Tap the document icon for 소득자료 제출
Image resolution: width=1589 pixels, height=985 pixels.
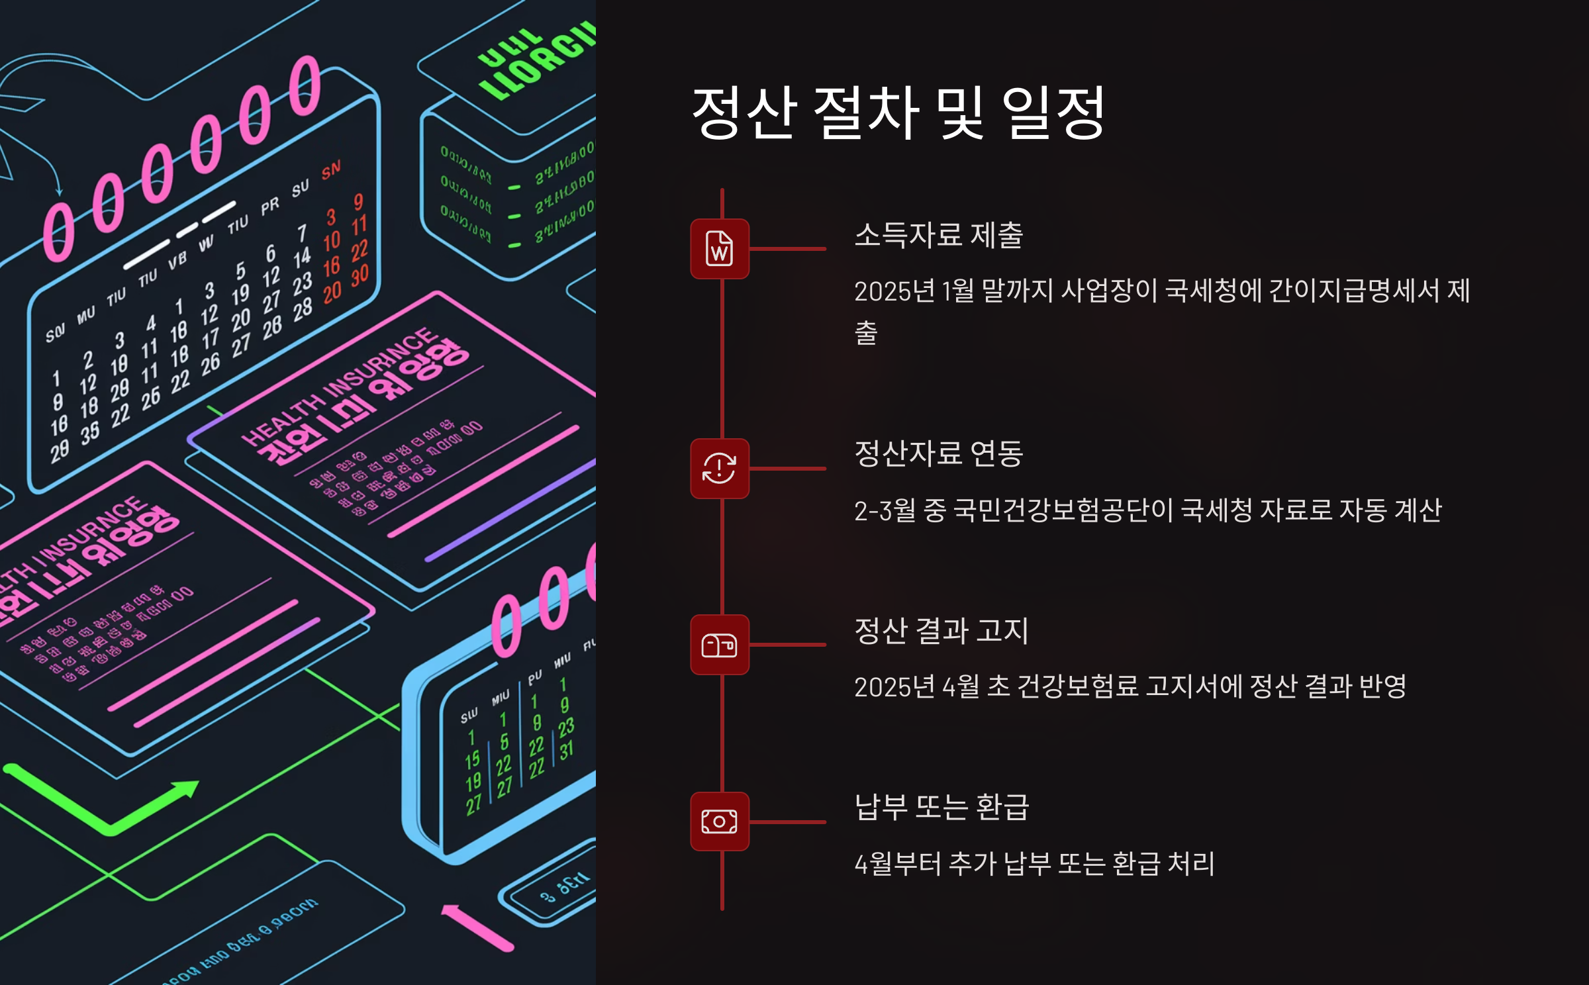(x=720, y=249)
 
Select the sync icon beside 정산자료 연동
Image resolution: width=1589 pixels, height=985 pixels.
(x=720, y=468)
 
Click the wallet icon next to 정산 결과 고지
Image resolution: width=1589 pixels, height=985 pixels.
(x=720, y=645)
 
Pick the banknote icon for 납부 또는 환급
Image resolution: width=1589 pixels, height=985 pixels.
(x=720, y=821)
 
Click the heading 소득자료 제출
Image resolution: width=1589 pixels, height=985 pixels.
(x=939, y=235)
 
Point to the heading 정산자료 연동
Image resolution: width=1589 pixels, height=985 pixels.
(x=939, y=453)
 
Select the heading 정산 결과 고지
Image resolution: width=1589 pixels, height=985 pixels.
(x=941, y=630)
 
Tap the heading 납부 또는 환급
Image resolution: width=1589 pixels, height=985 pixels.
(x=941, y=807)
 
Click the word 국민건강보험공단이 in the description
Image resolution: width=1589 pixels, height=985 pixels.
(x=1064, y=510)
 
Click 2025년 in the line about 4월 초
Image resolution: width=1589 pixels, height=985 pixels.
(x=894, y=687)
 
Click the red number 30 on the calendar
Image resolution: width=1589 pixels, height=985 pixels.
(x=360, y=276)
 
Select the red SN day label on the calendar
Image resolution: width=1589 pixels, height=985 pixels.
(x=331, y=170)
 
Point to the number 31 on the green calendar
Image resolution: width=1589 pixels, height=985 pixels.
(x=566, y=751)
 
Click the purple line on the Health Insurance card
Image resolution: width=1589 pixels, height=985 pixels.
(x=510, y=513)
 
